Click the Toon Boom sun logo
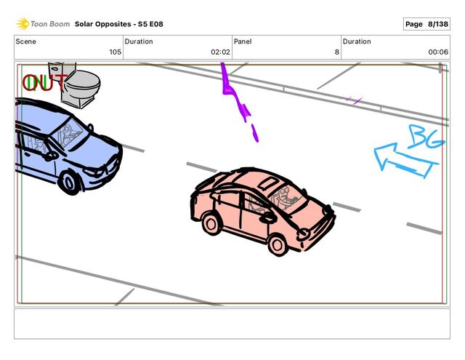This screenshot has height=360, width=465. pyautogui.click(x=23, y=24)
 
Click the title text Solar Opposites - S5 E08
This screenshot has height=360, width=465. pyautogui.click(x=119, y=24)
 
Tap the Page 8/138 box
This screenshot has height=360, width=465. pyautogui.click(x=426, y=24)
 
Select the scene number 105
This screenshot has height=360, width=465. pyautogui.click(x=115, y=52)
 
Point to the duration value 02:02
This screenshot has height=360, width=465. pyautogui.click(x=220, y=52)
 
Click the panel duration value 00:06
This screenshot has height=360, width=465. pyautogui.click(x=438, y=52)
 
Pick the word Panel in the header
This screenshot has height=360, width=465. pyautogui.click(x=243, y=41)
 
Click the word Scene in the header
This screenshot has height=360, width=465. pyautogui.click(x=26, y=41)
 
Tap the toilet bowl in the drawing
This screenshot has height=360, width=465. pyautogui.click(x=82, y=84)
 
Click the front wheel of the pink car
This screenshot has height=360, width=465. pyautogui.click(x=278, y=244)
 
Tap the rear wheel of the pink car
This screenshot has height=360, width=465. pyautogui.click(x=211, y=224)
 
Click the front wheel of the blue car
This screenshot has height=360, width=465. pyautogui.click(x=69, y=183)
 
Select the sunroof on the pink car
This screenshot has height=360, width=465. pyautogui.click(x=268, y=183)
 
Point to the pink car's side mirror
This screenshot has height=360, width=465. pyautogui.click(x=268, y=218)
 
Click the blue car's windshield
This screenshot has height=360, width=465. pyautogui.click(x=70, y=132)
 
